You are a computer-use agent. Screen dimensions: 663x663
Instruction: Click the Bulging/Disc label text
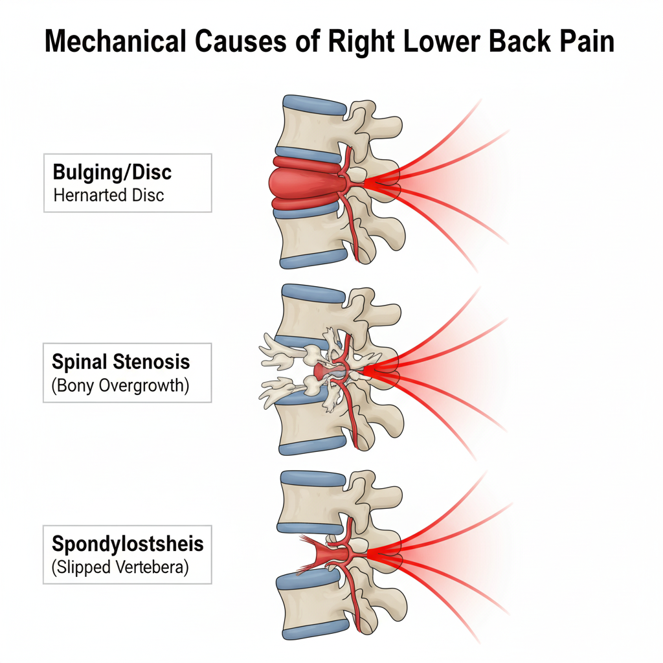click(x=112, y=172)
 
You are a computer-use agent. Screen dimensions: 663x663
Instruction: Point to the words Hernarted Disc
click(x=109, y=194)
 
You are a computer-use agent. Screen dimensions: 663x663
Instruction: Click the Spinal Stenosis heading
click(x=121, y=361)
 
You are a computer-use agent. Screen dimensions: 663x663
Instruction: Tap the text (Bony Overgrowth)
click(x=120, y=386)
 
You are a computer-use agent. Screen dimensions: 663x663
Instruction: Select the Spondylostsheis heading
click(x=127, y=544)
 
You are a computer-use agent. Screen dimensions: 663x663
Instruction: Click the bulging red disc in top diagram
click(x=300, y=183)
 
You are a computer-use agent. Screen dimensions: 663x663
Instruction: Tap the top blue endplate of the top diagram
click(x=313, y=106)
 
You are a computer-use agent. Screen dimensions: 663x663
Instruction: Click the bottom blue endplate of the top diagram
click(x=313, y=258)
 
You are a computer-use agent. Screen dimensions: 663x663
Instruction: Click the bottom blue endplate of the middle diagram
click(x=313, y=445)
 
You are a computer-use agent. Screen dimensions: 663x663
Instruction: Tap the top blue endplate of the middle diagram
click(x=313, y=295)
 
